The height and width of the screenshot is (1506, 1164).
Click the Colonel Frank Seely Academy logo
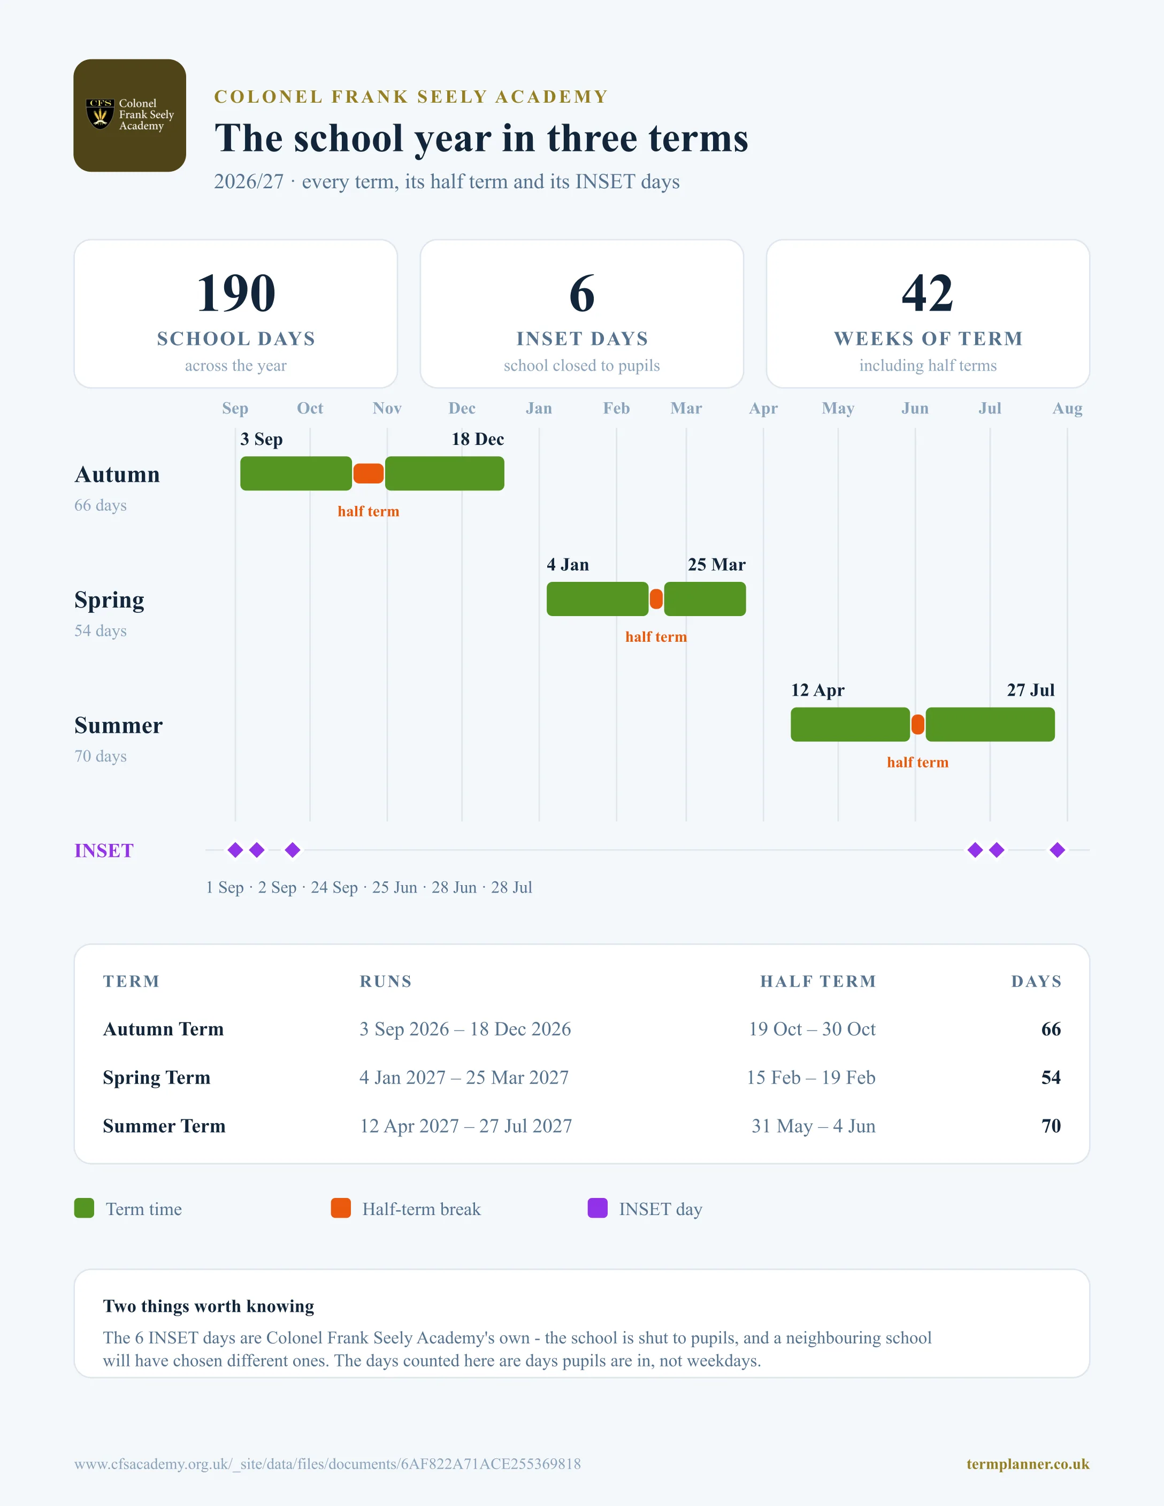click(129, 115)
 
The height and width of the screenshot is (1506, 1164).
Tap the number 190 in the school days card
click(236, 293)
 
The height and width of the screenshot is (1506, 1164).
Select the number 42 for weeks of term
click(928, 293)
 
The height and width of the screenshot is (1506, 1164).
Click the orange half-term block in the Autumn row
click(368, 474)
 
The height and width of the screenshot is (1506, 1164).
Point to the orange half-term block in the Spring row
click(656, 599)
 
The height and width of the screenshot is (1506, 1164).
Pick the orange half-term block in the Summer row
click(918, 725)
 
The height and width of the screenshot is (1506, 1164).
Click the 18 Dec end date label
click(478, 439)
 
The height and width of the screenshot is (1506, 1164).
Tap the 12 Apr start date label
click(818, 690)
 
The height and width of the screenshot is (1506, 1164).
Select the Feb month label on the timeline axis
click(616, 408)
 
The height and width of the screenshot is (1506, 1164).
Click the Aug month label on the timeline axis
click(1068, 408)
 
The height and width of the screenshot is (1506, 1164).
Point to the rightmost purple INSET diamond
click(1057, 850)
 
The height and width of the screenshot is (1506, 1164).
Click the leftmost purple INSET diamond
click(235, 850)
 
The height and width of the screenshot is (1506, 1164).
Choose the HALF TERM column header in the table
click(818, 981)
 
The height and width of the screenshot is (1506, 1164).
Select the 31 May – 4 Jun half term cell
click(814, 1126)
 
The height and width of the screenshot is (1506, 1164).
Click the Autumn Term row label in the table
click(164, 1029)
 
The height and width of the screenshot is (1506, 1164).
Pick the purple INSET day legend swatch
click(597, 1208)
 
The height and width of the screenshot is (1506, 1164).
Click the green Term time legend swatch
click(84, 1208)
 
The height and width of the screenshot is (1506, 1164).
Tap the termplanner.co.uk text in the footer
click(1028, 1464)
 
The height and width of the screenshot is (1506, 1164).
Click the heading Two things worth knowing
click(208, 1306)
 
